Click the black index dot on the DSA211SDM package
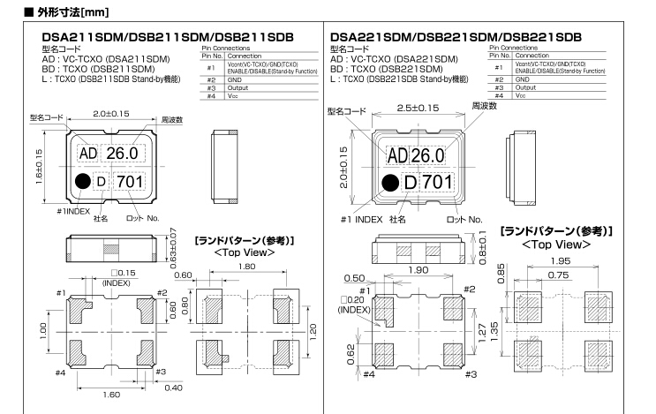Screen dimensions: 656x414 (83, 181)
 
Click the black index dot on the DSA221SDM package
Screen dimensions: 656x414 (390, 183)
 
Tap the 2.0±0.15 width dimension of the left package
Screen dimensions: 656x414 (111, 114)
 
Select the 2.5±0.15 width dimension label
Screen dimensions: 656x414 (418, 108)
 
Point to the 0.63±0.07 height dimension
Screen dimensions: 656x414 (173, 248)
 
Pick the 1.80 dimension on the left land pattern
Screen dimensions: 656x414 (247, 267)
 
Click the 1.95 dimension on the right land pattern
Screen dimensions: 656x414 (561, 261)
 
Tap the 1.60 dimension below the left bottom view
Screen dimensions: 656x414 (111, 395)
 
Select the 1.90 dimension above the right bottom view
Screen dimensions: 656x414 (418, 270)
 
